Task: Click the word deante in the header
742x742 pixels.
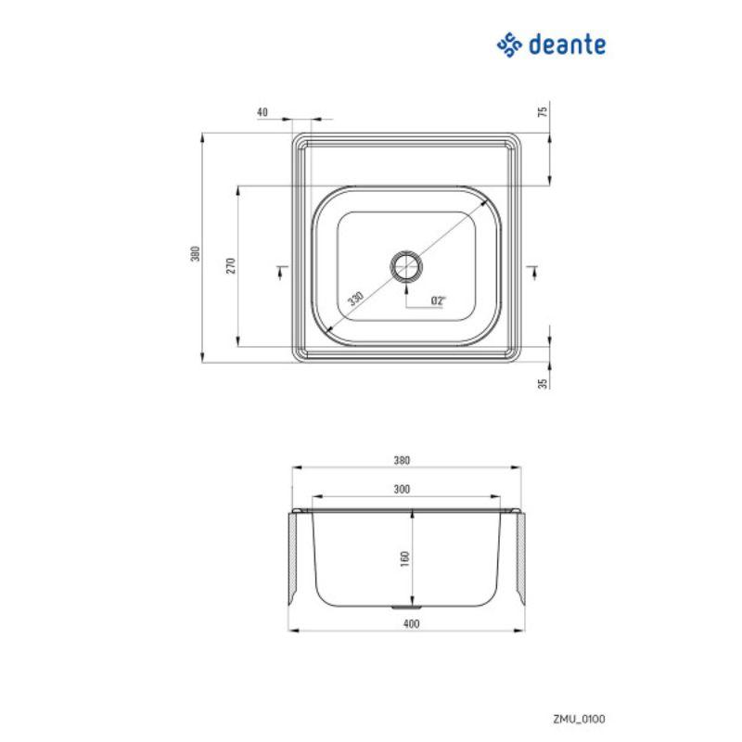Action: tap(568, 44)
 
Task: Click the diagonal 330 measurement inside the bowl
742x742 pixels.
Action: tap(353, 299)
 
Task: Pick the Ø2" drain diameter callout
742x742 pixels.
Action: tap(439, 300)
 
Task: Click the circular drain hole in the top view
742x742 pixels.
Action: tap(406, 266)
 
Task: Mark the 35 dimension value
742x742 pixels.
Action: tap(544, 380)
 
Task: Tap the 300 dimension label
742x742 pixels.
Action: tap(402, 489)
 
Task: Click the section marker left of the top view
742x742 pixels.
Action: tap(280, 269)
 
